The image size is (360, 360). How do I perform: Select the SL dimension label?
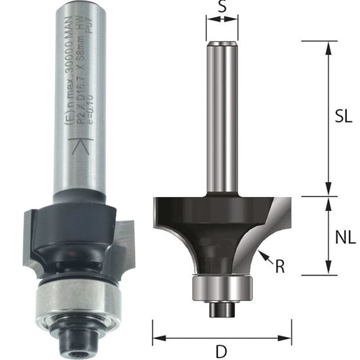click(338, 116)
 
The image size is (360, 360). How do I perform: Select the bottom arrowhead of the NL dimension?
click(325, 270)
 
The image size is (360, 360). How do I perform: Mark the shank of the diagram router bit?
click(221, 118)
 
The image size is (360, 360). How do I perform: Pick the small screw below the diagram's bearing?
click(221, 305)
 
